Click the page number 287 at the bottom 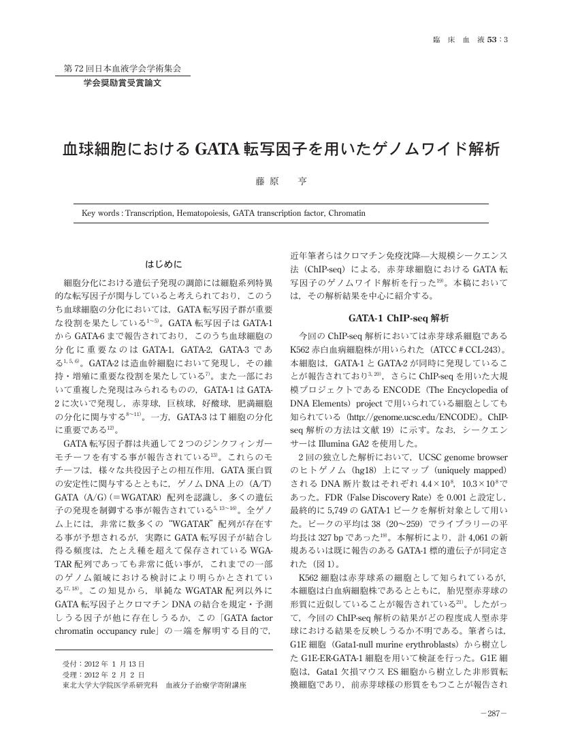(x=494, y=714)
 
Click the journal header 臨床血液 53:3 (x=470, y=39)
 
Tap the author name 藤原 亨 (x=281, y=182)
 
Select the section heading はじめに (x=163, y=264)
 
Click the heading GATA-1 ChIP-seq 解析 (x=398, y=318)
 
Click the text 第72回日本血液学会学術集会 (x=123, y=69)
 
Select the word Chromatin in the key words (x=347, y=213)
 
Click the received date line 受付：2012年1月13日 (x=103, y=663)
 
